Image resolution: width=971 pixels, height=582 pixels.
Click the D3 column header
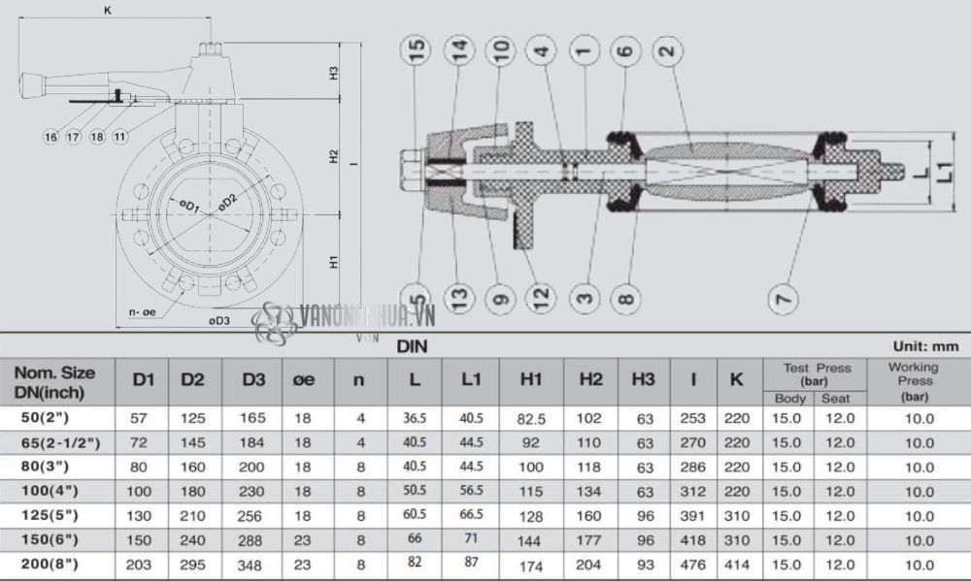(x=253, y=381)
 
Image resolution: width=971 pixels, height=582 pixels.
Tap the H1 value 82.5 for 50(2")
(x=530, y=418)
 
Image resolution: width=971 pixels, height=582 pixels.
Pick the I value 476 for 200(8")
(x=693, y=564)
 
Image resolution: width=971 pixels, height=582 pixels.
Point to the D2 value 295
(x=193, y=564)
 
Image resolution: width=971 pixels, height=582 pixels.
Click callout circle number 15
(x=417, y=48)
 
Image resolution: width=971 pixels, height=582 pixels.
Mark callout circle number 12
(x=541, y=295)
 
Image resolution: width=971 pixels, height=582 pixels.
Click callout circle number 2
(x=666, y=48)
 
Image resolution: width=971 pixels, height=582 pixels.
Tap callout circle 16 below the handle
(x=51, y=137)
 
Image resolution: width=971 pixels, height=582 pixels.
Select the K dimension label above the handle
(x=108, y=10)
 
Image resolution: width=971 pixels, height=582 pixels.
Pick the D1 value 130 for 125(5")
(x=143, y=515)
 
